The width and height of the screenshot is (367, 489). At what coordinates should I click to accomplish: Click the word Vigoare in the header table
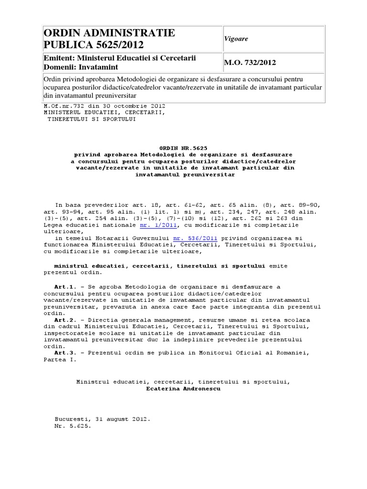pos(237,39)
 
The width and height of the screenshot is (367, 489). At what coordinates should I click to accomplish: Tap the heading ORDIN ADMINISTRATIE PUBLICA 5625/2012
pos(109,39)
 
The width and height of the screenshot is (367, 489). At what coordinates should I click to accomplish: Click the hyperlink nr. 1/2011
pos(158,224)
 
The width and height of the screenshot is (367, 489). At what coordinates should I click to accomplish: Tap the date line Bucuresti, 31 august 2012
pos(102,419)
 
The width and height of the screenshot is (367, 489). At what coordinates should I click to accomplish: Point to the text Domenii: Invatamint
pos(81,67)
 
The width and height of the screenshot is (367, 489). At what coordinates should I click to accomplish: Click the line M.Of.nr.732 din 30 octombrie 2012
pos(104,106)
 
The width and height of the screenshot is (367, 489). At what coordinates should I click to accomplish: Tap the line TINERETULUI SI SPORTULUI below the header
pos(91,119)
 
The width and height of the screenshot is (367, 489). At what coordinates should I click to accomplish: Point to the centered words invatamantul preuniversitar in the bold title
pos(185,175)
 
